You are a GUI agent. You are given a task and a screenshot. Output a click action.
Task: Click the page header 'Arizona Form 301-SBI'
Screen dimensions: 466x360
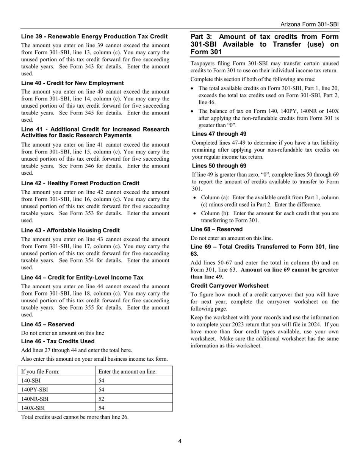pos(309,24)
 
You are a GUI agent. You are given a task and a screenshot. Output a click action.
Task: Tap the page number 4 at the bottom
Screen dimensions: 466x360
pos(180,441)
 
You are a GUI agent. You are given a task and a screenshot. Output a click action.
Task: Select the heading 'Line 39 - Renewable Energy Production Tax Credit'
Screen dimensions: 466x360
pos(94,37)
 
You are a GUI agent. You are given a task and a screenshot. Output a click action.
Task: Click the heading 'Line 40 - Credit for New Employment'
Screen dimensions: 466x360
pos(72,83)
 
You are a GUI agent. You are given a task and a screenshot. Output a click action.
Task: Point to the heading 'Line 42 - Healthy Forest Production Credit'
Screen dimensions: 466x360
pos(80,183)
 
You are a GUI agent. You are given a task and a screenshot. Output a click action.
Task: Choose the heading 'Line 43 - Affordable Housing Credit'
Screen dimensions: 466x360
pos(70,230)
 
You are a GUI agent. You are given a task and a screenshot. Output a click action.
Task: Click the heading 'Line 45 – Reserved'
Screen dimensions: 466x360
pos(48,324)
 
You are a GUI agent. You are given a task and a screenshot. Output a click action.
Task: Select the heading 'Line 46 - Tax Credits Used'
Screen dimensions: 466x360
pos(58,341)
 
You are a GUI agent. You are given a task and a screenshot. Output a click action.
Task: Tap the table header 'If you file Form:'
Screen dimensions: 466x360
pos(41,372)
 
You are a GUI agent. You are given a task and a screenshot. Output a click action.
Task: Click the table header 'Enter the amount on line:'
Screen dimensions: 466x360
pos(127,372)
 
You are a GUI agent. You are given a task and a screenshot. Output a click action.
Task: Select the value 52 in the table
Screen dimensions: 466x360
pos(101,399)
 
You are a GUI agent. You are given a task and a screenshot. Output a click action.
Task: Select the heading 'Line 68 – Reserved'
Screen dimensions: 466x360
pos(216,229)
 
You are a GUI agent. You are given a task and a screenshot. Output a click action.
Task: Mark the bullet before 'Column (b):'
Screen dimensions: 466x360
pos(195,214)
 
